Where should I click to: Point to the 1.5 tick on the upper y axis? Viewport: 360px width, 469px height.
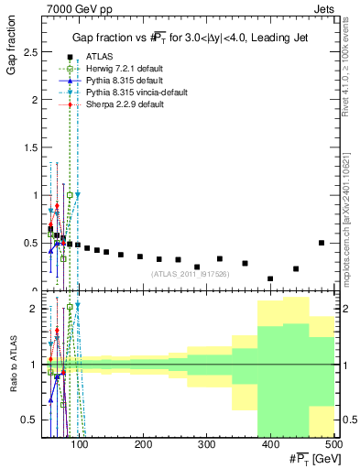(33, 147)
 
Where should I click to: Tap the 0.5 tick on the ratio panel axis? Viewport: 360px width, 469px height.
(33, 420)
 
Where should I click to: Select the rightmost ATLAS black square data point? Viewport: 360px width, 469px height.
(321, 243)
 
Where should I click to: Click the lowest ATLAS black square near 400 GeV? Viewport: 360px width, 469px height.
(270, 278)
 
